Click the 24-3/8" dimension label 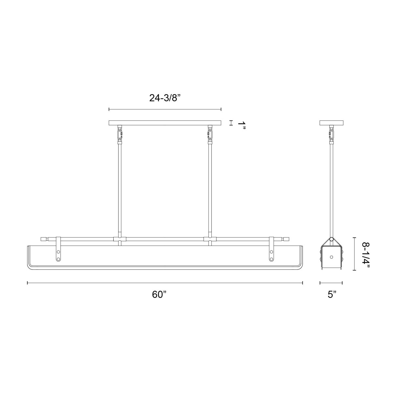coord(165,98)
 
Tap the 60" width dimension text coord(160,295)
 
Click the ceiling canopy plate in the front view coord(165,123)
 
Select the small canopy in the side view coord(331,123)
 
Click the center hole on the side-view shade coord(331,256)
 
